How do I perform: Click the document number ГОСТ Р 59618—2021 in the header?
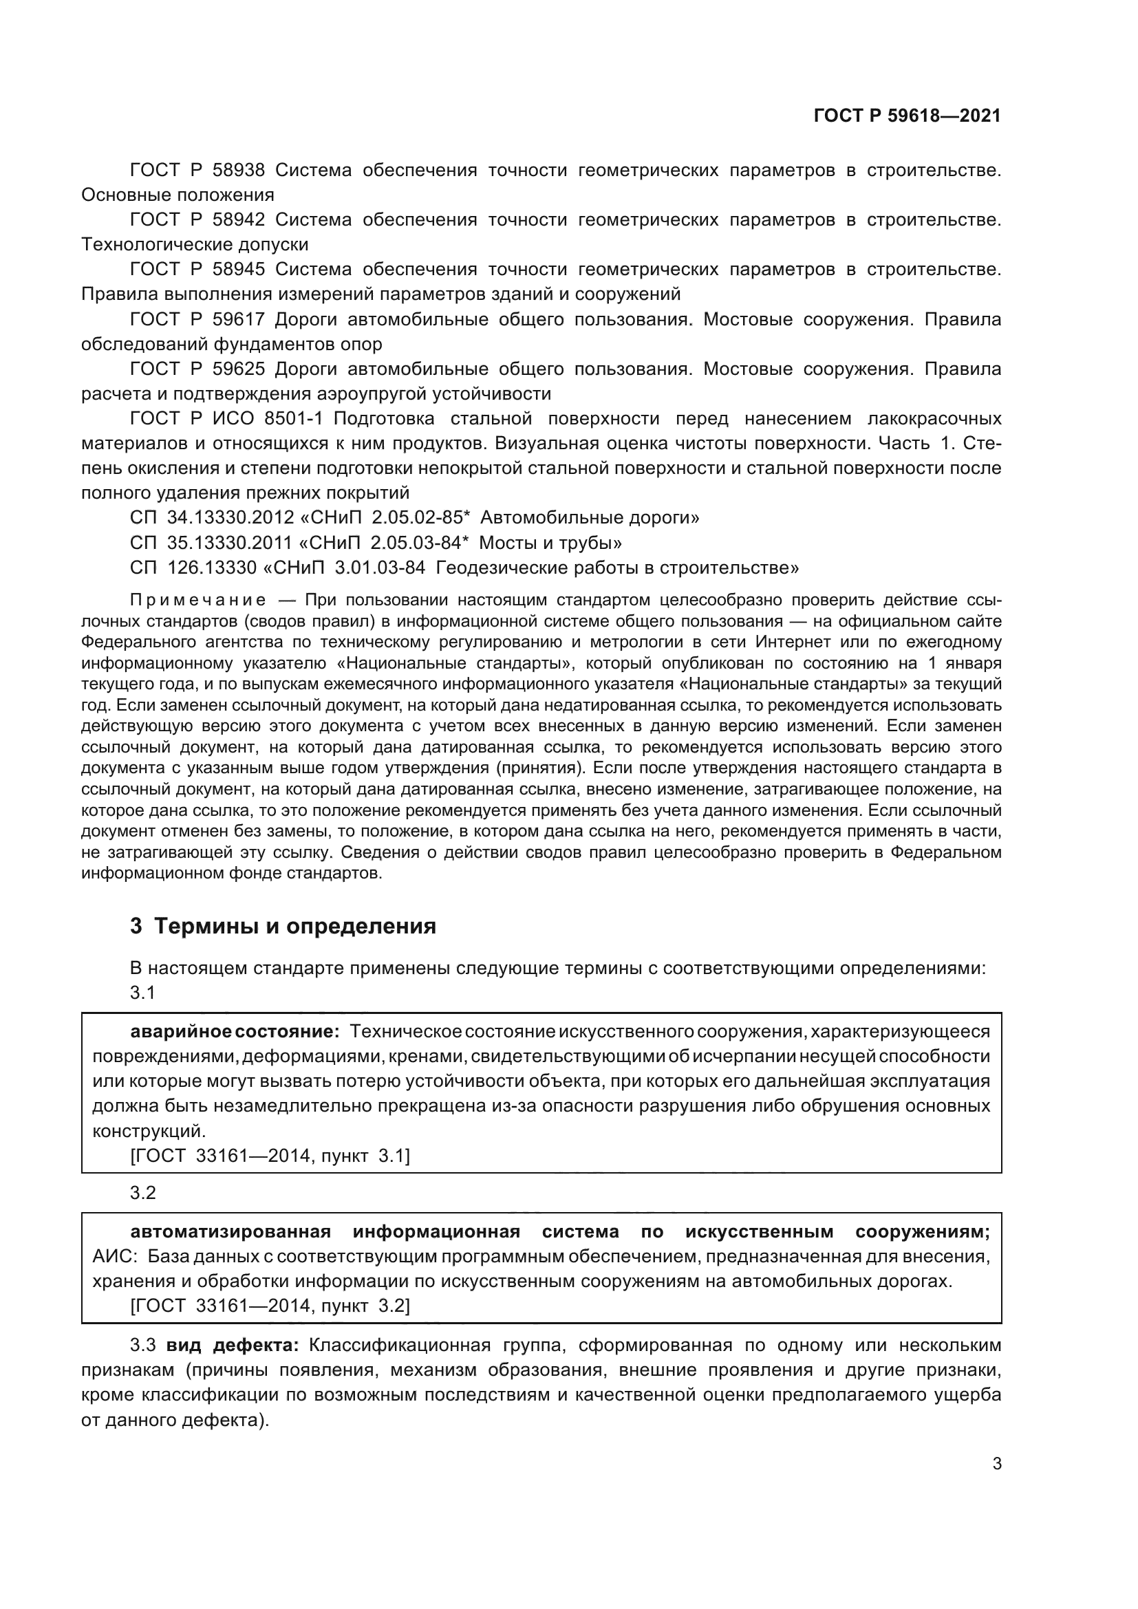point(907,116)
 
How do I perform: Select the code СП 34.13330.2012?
point(212,518)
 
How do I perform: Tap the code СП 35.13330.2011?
point(212,543)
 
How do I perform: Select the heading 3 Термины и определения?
point(283,927)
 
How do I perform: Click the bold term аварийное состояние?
point(235,1032)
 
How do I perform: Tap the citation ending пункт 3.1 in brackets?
point(270,1156)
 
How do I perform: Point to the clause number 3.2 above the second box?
point(143,1193)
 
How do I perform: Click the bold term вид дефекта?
point(233,1346)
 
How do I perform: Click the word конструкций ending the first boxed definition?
point(149,1131)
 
